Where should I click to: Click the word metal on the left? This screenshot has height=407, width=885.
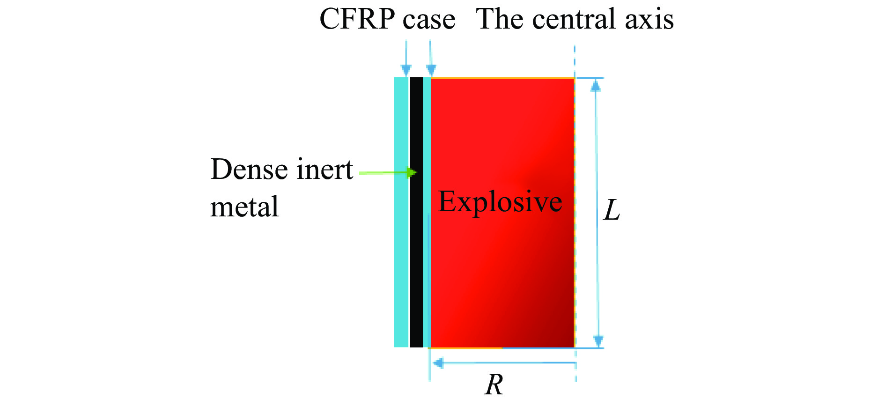[244, 207]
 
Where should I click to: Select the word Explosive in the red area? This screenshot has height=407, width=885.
[500, 202]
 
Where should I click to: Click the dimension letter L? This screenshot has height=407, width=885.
[612, 210]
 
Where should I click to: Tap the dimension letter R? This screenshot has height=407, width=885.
[494, 385]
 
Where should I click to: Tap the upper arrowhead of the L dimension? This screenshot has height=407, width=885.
[596, 85]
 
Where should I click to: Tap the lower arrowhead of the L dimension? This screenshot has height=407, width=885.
[598, 340]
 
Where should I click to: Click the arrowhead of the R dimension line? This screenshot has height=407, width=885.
[438, 363]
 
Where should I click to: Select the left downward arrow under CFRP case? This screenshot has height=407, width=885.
[406, 69]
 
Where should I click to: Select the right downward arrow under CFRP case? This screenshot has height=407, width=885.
[431, 69]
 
